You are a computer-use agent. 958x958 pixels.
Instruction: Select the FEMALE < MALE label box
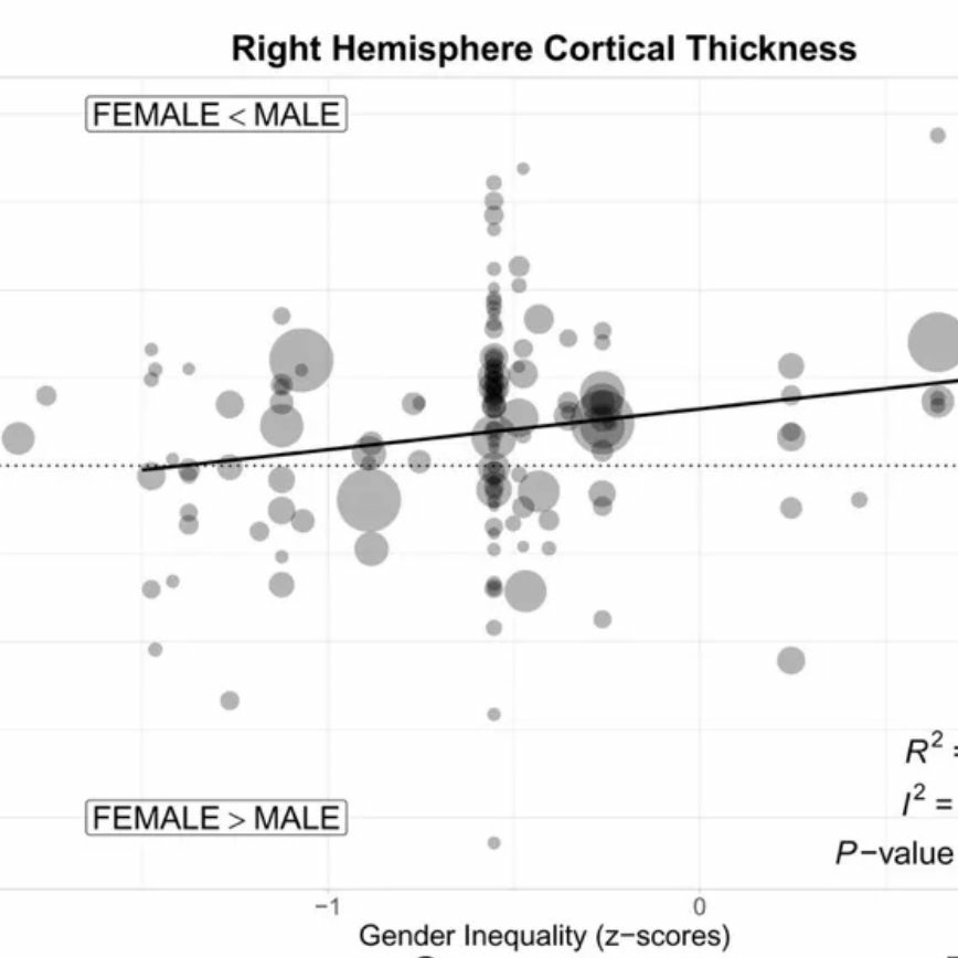tap(216, 114)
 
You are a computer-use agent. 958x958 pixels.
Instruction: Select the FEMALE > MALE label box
tap(216, 818)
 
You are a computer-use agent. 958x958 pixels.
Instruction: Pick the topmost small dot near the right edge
tap(938, 135)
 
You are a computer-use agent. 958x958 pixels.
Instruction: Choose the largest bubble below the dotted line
tap(369, 500)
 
